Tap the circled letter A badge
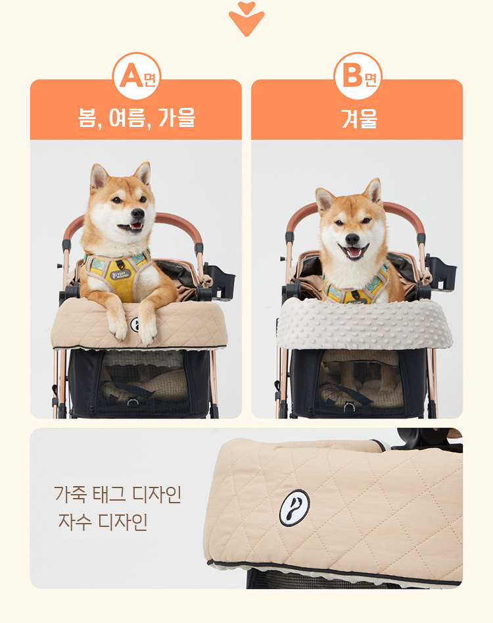point(137,76)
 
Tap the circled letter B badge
point(358,76)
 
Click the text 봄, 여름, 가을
point(137,118)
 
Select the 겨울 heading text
point(359,118)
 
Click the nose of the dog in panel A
point(138,214)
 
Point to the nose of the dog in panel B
point(352,239)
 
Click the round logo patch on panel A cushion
point(135,324)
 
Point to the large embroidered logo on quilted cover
point(294,507)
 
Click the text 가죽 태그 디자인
point(118,494)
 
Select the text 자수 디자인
point(103,522)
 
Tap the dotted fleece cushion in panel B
point(364,323)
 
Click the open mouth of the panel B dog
point(353,252)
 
